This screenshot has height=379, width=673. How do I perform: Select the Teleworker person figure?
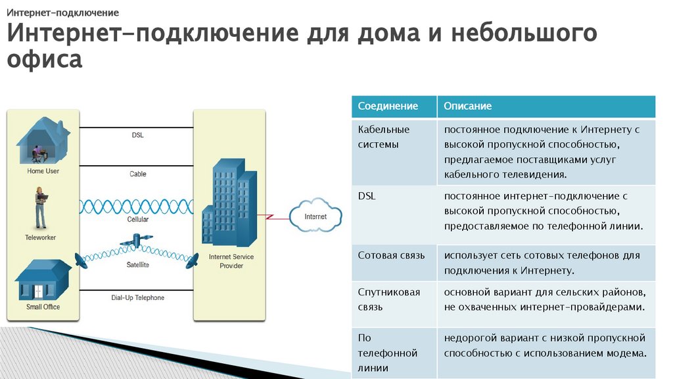(40, 207)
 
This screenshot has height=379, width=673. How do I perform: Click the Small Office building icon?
(43, 280)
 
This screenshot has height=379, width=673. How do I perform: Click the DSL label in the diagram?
(137, 136)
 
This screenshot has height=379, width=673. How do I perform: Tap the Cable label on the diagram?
(137, 174)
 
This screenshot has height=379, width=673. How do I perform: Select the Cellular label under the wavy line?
(137, 220)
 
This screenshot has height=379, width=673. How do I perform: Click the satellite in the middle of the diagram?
(137, 241)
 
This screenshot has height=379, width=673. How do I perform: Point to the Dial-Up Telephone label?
(137, 298)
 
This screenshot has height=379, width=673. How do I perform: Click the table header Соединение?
(388, 106)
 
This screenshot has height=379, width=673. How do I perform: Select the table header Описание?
(467, 106)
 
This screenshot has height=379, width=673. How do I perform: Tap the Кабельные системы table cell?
(384, 137)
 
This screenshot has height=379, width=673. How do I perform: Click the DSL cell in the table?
(366, 195)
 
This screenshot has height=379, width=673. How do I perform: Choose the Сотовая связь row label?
(391, 255)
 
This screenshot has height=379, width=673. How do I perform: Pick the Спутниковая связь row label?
(389, 299)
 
